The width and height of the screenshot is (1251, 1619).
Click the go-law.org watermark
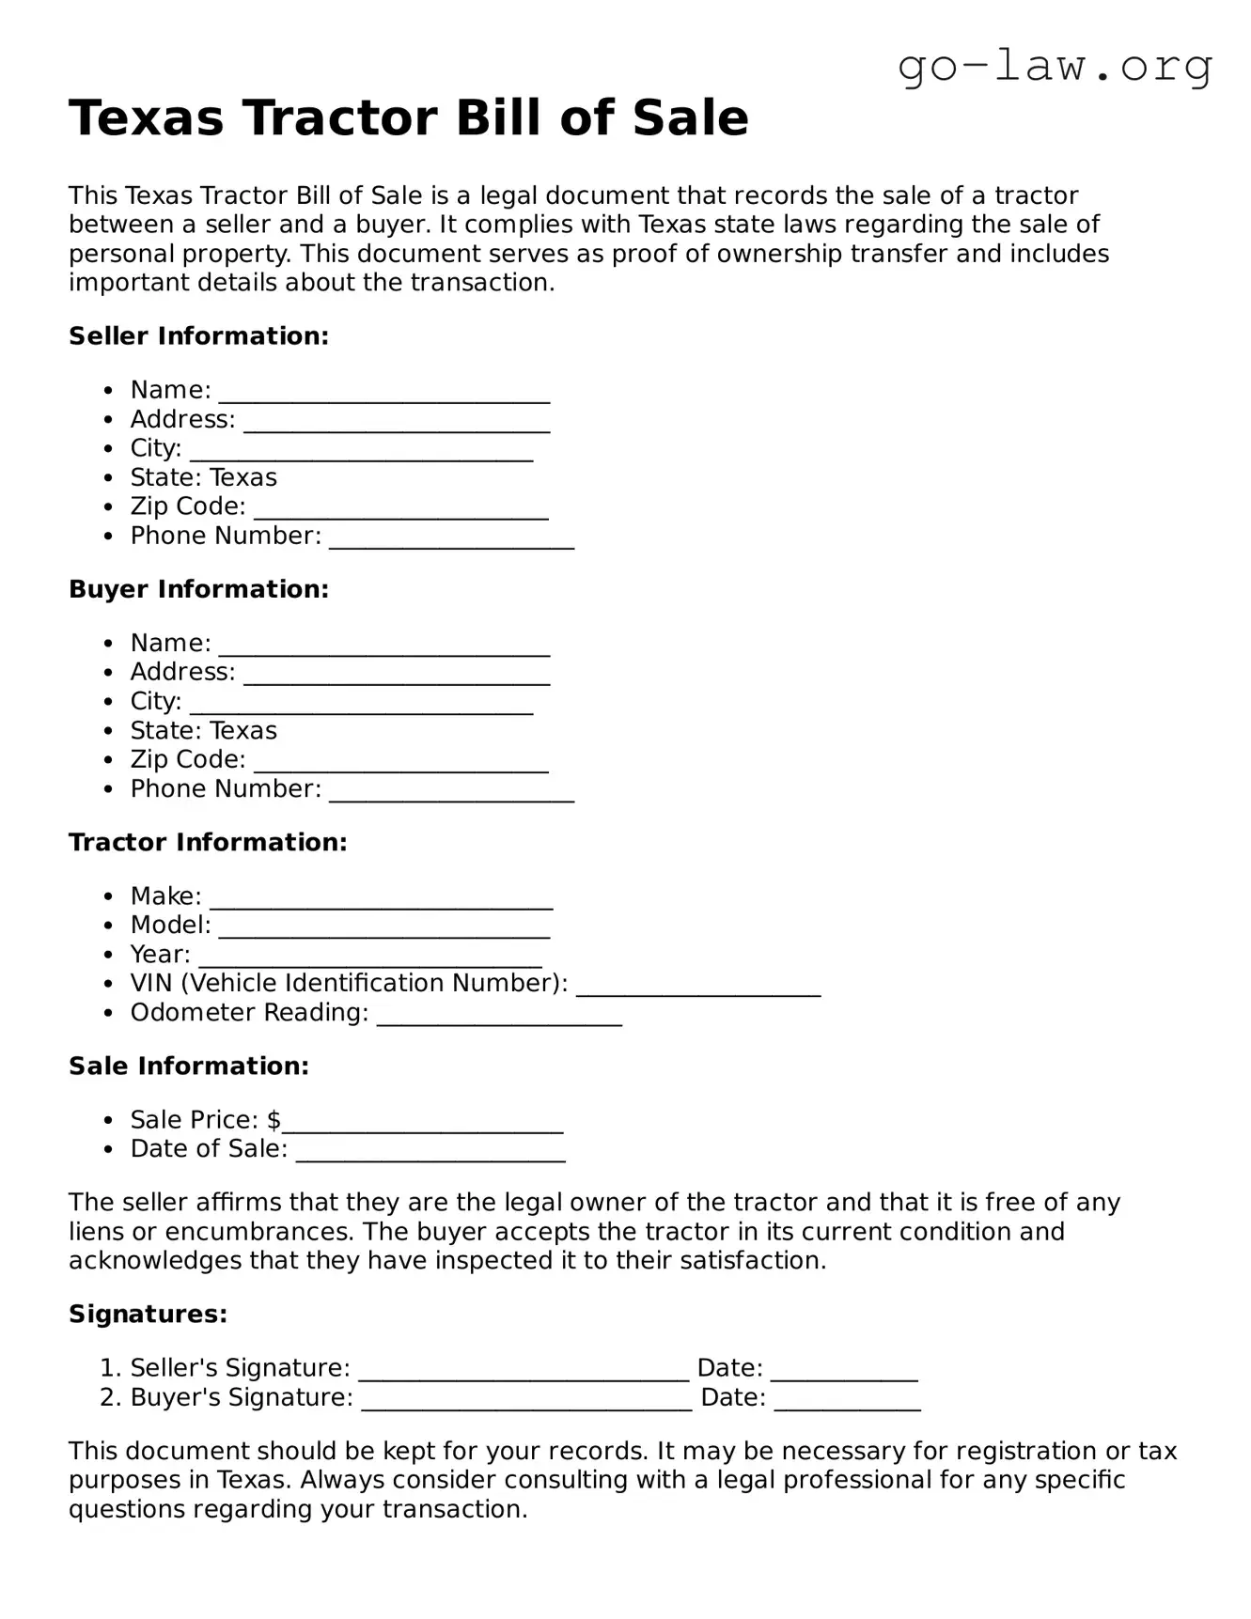coord(1055,67)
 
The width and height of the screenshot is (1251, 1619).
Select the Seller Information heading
coord(198,336)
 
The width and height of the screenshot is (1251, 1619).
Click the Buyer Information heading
coord(198,589)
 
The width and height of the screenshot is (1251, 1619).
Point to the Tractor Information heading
coord(208,842)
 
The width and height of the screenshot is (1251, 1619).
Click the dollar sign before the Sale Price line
coord(274,1120)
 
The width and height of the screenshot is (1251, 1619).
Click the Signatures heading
coord(148,1314)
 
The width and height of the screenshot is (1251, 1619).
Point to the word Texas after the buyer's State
coord(242,731)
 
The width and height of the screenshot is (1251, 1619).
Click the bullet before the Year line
coord(110,955)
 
